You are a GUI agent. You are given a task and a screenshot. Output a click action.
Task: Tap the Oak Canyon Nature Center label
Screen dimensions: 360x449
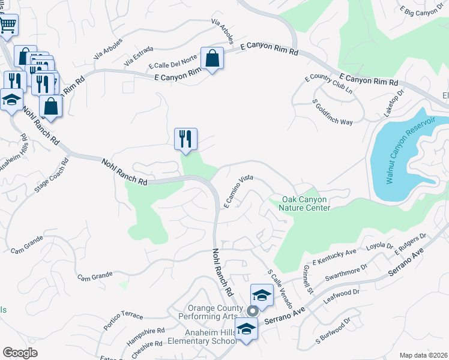[x=306, y=203]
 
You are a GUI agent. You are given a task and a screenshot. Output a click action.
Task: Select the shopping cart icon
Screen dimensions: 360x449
[x=8, y=26]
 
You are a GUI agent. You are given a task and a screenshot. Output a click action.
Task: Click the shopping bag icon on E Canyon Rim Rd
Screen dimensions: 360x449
[x=212, y=59]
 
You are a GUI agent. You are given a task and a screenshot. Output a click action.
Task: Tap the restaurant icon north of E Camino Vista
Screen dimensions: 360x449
[x=185, y=139]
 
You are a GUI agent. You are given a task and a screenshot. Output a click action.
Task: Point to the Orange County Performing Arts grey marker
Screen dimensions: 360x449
[x=253, y=310]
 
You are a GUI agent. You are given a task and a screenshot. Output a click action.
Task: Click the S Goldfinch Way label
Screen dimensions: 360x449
[x=332, y=113]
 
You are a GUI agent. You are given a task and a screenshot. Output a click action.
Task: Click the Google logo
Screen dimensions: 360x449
[x=19, y=353]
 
